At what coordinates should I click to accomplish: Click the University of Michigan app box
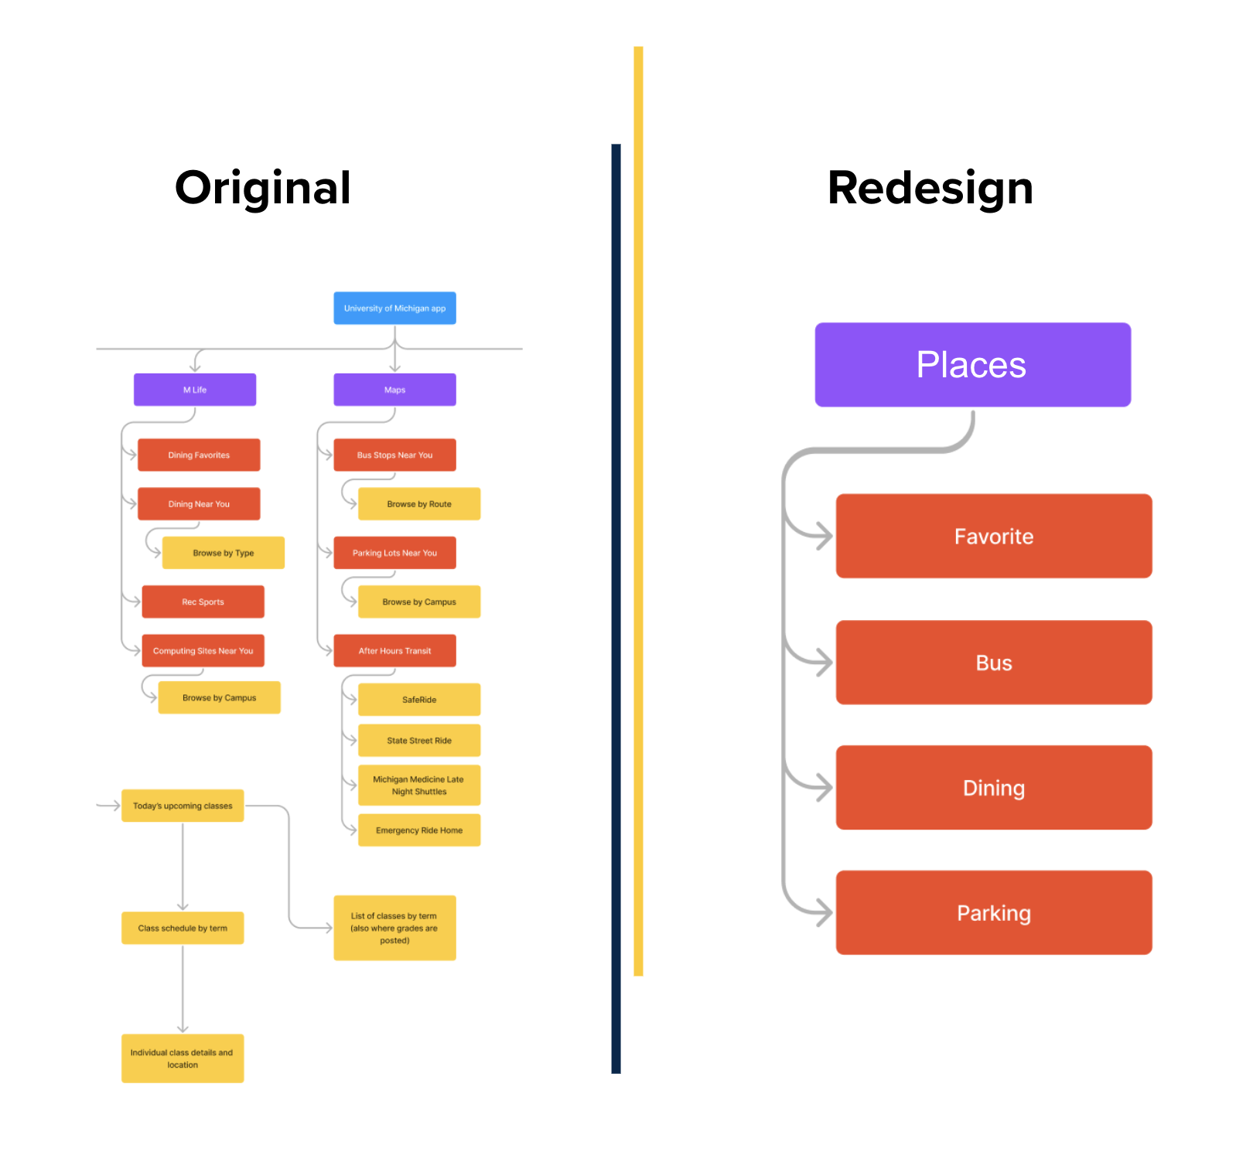pos(394,308)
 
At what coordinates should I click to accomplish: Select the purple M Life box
pos(195,390)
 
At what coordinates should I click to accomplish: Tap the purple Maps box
pos(394,390)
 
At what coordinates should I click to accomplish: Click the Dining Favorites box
pos(199,455)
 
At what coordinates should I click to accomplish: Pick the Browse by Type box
pos(223,553)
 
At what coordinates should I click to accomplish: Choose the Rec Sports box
pos(203,602)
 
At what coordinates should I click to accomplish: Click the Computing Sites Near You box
pos(203,650)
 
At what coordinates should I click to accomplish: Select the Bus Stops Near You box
pos(394,455)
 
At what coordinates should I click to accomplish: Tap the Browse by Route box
pos(418,503)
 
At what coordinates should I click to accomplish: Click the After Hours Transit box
pos(394,650)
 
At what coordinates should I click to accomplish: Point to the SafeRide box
pos(418,699)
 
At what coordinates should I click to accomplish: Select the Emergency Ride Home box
pos(418,830)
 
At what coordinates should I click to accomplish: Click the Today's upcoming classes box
pos(183,806)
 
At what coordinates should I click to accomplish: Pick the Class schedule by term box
pos(183,928)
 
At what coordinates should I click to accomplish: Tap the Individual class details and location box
pos(183,1058)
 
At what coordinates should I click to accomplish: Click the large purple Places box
pos(972,364)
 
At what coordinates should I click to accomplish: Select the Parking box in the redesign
pos(994,912)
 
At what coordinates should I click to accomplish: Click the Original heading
pos(263,188)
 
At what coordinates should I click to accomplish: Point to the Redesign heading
pos(930,188)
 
